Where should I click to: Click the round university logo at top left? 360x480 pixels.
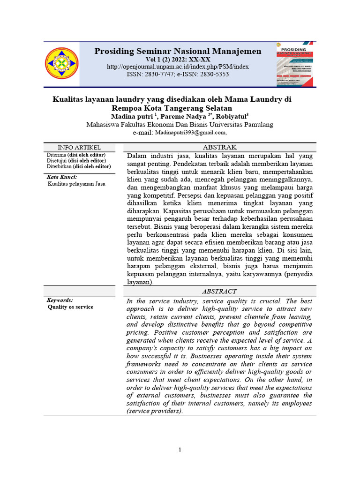62,64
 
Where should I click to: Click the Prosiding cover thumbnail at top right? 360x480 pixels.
295,64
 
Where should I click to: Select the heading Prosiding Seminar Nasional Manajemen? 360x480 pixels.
178,51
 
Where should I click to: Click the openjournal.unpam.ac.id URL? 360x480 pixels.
178,67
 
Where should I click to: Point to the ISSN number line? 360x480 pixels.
178,75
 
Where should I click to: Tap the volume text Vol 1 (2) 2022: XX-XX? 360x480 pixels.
178,60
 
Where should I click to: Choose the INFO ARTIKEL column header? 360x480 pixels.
79,148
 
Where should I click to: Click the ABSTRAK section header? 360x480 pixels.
219,147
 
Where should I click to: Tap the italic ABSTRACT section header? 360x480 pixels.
219,292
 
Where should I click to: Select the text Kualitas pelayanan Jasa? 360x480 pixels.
76,184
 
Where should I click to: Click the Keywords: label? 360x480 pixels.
60,300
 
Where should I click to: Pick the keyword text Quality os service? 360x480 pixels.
70,307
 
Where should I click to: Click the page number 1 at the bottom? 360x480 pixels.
180,450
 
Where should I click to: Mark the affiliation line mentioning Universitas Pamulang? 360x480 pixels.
180,125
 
